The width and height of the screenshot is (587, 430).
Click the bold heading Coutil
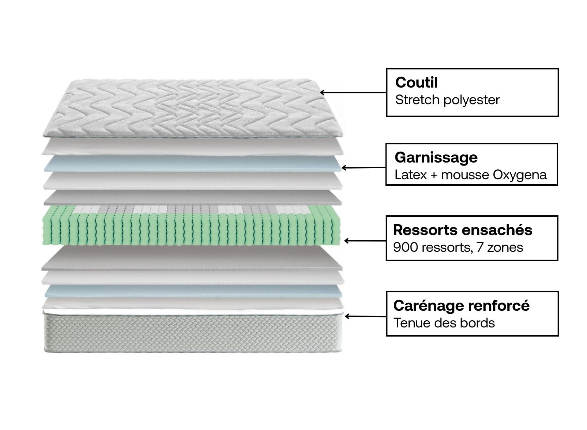pyautogui.click(x=416, y=82)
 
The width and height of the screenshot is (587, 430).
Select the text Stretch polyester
pyautogui.click(x=447, y=100)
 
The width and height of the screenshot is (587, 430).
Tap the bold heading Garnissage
pyautogui.click(x=436, y=157)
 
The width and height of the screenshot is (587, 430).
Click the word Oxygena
pyautogui.click(x=520, y=175)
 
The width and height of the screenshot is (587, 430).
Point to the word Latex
pyautogui.click(x=408, y=175)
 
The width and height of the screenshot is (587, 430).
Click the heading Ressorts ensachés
pyautogui.click(x=463, y=230)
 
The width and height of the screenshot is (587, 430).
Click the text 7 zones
pyautogui.click(x=500, y=247)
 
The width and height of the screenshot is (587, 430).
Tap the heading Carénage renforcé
pyautogui.click(x=461, y=306)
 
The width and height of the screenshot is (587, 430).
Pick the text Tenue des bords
pyautogui.click(x=444, y=323)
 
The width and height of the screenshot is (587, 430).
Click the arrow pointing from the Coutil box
pyautogui.click(x=353, y=92)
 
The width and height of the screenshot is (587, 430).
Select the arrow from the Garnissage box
pyautogui.click(x=363, y=168)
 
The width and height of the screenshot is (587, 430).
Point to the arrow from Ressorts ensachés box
pyautogui.click(x=365, y=241)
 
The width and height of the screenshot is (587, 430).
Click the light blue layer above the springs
pyautogui.click(x=193, y=164)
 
